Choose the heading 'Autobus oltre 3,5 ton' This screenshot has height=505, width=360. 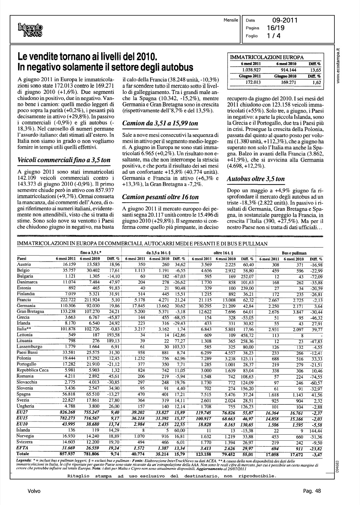(x=256, y=179)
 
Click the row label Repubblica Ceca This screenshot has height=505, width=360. (x=32, y=370)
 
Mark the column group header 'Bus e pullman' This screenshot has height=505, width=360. (x=294, y=252)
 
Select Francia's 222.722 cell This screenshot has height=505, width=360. (x=64, y=299)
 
